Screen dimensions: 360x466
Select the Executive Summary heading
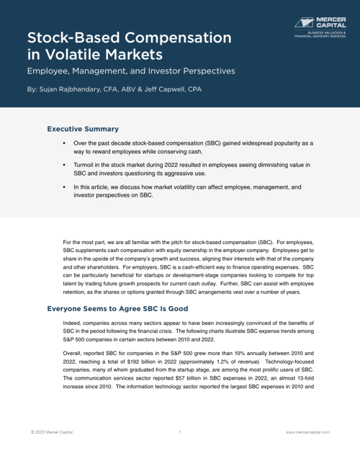click(83, 129)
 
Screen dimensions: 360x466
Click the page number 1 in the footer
click(180, 432)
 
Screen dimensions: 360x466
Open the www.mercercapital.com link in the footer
click(307, 432)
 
